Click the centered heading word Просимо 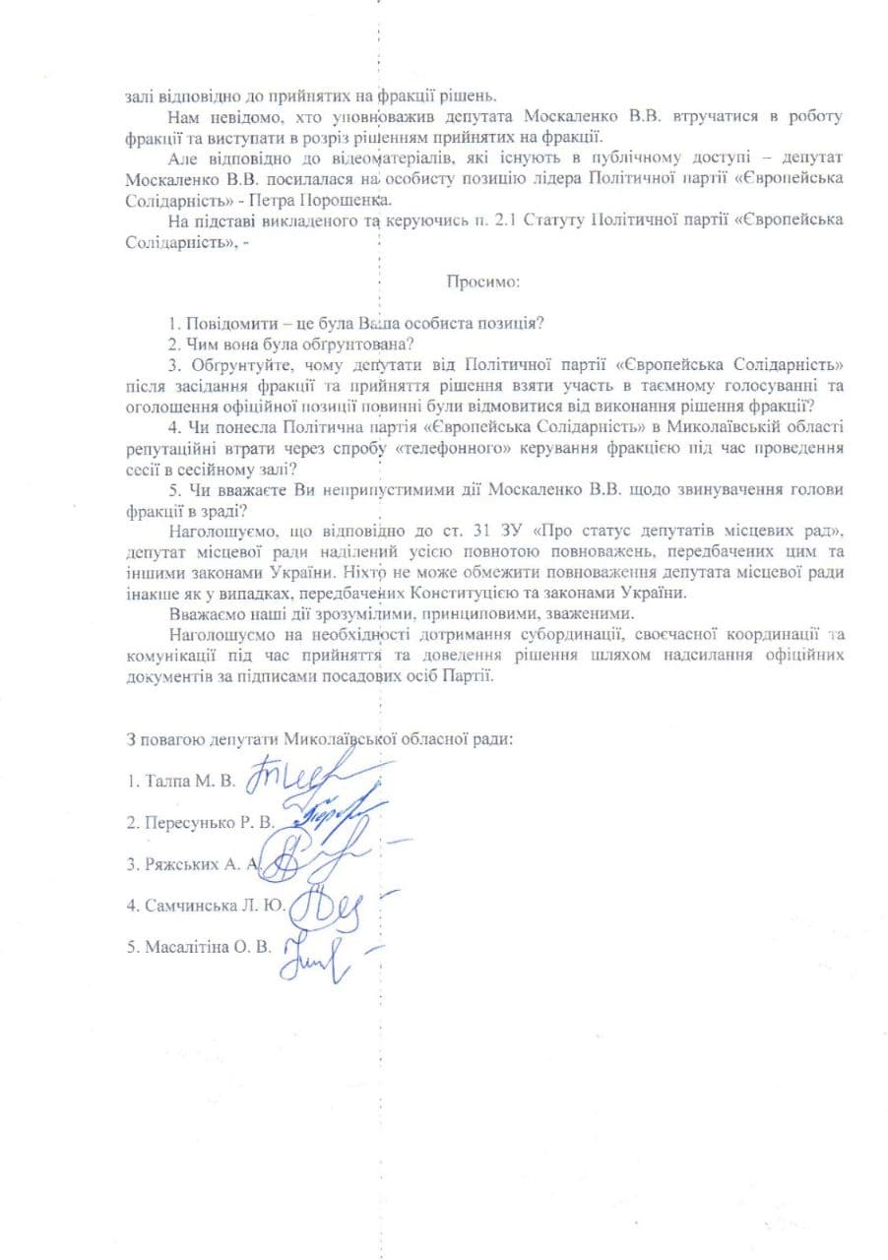click(x=482, y=282)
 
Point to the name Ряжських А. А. click(x=191, y=863)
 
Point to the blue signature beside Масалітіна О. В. click(x=314, y=952)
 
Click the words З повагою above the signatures click(x=164, y=738)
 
